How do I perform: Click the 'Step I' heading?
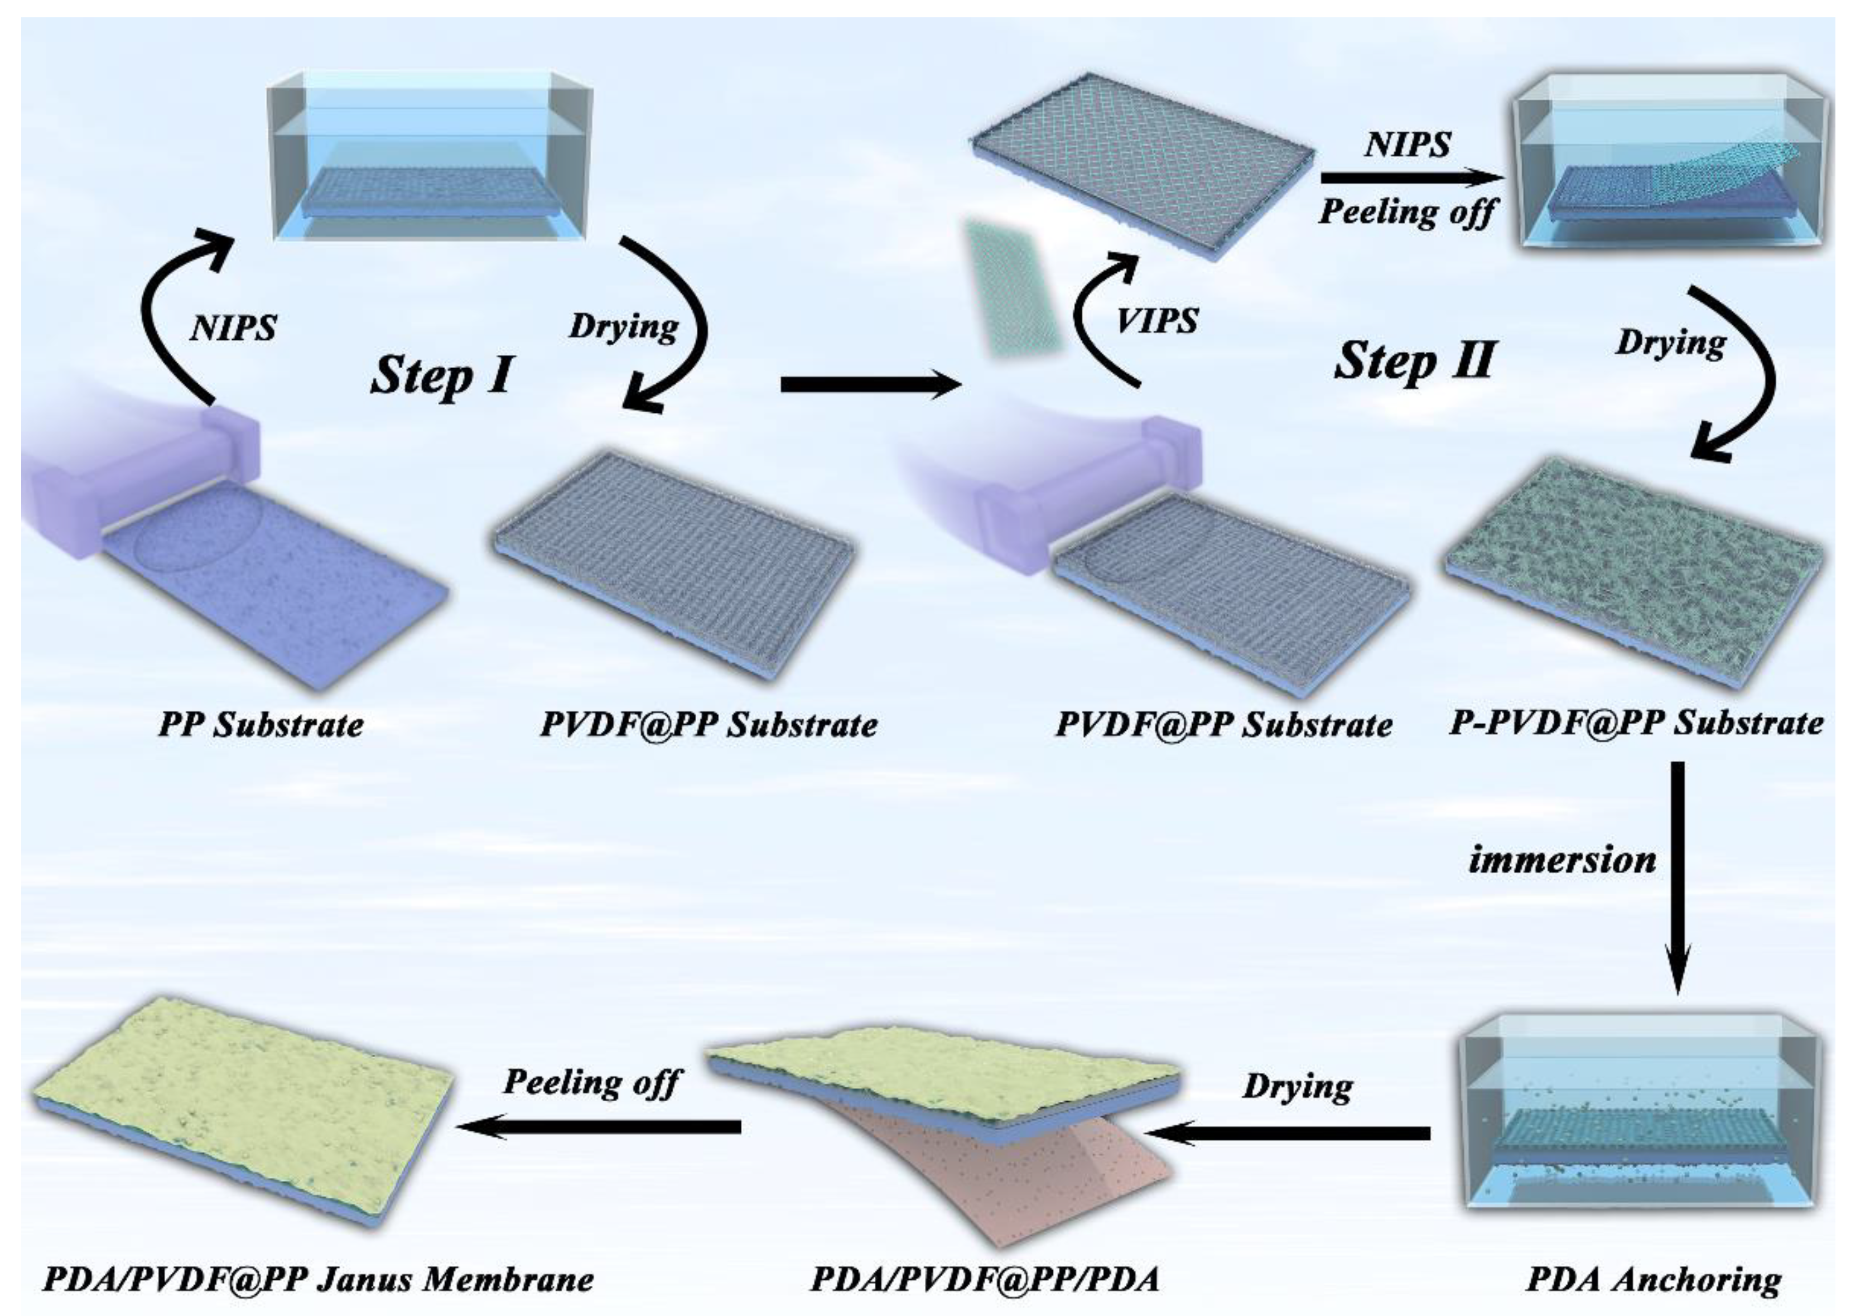pyautogui.click(x=442, y=375)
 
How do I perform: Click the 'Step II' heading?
pyautogui.click(x=1415, y=361)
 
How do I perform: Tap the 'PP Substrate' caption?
pyautogui.click(x=261, y=724)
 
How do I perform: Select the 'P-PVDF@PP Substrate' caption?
pyautogui.click(x=1636, y=722)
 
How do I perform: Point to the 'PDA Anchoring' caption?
pyautogui.click(x=1654, y=1279)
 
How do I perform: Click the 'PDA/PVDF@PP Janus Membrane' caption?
pyautogui.click(x=317, y=1279)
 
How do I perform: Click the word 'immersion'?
pyautogui.click(x=1562, y=861)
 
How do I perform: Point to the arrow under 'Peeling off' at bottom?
pyautogui.click(x=599, y=1127)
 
